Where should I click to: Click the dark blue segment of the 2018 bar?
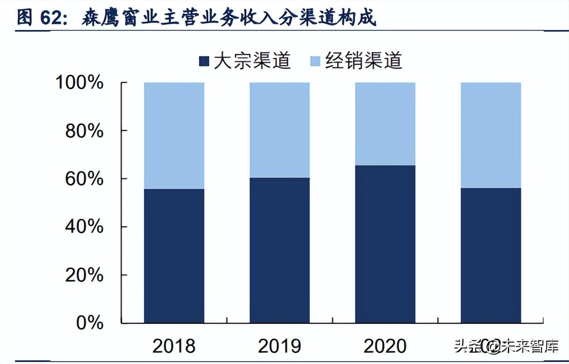pyautogui.click(x=174, y=256)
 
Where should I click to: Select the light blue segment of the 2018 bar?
pyautogui.click(x=174, y=136)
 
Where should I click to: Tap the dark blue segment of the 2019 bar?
pyautogui.click(x=279, y=250)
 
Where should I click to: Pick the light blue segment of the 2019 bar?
pyautogui.click(x=279, y=130)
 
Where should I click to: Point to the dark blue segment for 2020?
pyautogui.click(x=385, y=244)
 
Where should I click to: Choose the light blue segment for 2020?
pyautogui.click(x=385, y=124)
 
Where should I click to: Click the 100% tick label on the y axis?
pyautogui.click(x=79, y=83)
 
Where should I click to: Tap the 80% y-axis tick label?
pyautogui.click(x=84, y=131)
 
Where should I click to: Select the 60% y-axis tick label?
pyautogui.click(x=84, y=179)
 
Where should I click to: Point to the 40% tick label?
pyautogui.click(x=84, y=227)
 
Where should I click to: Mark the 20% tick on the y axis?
pyautogui.click(x=84, y=275)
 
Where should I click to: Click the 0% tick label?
pyautogui.click(x=90, y=323)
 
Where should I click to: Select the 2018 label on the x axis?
pyautogui.click(x=174, y=346)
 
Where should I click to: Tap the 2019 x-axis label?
pyautogui.click(x=279, y=346)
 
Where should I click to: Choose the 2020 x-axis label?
pyautogui.click(x=385, y=346)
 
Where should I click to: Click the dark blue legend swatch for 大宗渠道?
pyautogui.click(x=204, y=61)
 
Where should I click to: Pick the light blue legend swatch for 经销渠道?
pyautogui.click(x=316, y=61)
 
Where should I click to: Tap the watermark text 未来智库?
pyautogui.click(x=530, y=347)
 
